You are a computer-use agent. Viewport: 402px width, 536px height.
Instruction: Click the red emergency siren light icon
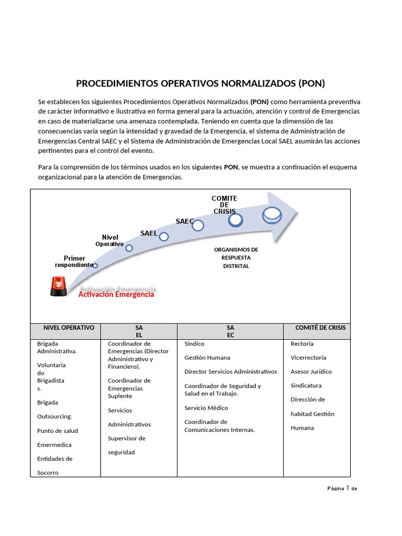pyautogui.click(x=58, y=286)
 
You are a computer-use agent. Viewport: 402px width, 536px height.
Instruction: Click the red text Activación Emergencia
pyautogui.click(x=116, y=294)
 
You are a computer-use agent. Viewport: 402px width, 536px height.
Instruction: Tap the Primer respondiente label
pyautogui.click(x=74, y=262)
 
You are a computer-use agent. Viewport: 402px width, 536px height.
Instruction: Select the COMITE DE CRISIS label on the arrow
pyautogui.click(x=224, y=205)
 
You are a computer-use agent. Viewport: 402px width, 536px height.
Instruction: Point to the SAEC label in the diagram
pyautogui.click(x=184, y=221)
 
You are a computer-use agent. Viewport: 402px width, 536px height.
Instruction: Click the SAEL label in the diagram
pyautogui.click(x=149, y=233)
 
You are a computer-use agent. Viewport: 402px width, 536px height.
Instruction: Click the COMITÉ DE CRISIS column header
pyautogui.click(x=320, y=328)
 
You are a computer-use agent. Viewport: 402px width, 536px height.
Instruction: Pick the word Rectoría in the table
pyautogui.click(x=302, y=344)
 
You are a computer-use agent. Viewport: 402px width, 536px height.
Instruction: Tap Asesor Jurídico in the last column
pyautogui.click(x=311, y=372)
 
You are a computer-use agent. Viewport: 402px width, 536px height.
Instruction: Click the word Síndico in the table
pyautogui.click(x=194, y=344)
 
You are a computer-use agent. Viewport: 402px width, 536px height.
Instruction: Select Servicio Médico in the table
pyautogui.click(x=206, y=408)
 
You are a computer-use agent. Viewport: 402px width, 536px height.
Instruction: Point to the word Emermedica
pyautogui.click(x=54, y=445)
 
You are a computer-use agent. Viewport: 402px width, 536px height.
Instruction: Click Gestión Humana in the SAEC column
pyautogui.click(x=207, y=358)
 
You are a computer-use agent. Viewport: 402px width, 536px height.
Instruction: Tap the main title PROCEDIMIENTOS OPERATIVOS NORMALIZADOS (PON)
pyautogui.click(x=200, y=83)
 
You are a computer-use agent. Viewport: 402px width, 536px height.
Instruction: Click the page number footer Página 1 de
pyautogui.click(x=342, y=488)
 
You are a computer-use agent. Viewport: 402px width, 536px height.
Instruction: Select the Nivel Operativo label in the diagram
pyautogui.click(x=110, y=241)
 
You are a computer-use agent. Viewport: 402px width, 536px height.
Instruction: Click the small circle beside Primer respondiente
pyautogui.click(x=95, y=266)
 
